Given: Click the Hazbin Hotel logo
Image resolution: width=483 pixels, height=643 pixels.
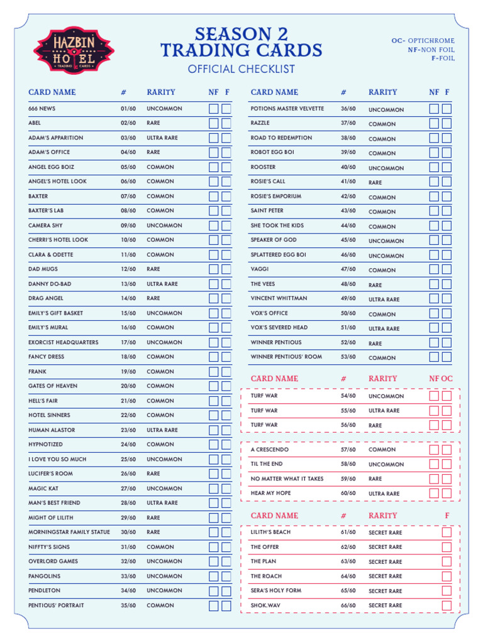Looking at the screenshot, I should (x=74, y=51).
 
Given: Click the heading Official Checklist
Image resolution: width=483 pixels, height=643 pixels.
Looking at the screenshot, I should (x=241, y=69).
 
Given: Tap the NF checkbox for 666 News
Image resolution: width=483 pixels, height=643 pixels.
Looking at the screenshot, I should (x=214, y=109).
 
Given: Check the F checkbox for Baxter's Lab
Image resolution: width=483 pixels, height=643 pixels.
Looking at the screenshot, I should (x=226, y=211).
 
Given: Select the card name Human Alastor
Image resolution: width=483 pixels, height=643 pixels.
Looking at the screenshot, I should (x=52, y=430).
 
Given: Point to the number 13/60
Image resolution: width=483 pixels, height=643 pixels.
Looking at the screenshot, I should (x=128, y=284).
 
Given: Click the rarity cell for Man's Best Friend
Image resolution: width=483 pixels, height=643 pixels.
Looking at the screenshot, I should (x=162, y=503).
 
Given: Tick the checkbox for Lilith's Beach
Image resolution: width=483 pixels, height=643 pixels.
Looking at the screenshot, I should (x=447, y=532).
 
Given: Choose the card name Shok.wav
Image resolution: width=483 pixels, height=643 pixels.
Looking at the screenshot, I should (x=266, y=605).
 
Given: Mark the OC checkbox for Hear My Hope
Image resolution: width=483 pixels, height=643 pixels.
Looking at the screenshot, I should (x=447, y=494).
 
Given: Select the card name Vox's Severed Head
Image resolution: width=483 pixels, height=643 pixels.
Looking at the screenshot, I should (x=279, y=328).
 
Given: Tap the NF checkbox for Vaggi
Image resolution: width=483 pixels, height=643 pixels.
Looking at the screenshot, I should (x=434, y=270).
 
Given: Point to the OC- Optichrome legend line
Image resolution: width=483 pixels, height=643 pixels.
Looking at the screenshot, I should (x=423, y=41).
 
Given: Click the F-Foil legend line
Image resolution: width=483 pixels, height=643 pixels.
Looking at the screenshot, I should (x=442, y=58).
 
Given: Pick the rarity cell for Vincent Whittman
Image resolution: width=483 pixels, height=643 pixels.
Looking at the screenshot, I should (x=384, y=300).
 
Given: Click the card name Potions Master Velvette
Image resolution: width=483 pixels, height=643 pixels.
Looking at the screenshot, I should (x=287, y=109).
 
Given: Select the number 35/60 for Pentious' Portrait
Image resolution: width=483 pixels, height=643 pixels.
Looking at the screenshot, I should (x=128, y=605).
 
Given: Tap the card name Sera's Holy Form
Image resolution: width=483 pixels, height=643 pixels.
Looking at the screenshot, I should (x=276, y=591).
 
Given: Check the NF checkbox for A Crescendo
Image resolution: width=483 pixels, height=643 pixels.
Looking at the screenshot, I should (x=434, y=450).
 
